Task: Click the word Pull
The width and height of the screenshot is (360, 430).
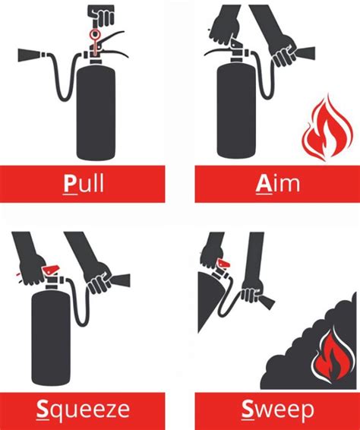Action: [x=84, y=183]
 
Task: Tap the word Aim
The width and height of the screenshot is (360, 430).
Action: [x=278, y=183]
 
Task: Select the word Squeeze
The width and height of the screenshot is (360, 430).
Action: [x=83, y=409]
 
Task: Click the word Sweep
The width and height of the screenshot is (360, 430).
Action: [x=277, y=409]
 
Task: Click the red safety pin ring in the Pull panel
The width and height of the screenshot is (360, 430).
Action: [x=95, y=34]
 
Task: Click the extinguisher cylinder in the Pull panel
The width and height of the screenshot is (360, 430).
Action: [x=96, y=112]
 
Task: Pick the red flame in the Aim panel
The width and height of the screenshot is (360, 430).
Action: [x=327, y=129]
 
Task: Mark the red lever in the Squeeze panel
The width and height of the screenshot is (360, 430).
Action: [x=50, y=269]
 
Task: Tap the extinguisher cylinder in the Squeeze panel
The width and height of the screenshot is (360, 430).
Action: [x=51, y=339]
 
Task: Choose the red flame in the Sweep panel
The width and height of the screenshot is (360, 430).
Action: [x=333, y=356]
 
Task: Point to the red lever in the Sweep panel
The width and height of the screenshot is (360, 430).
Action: [x=223, y=264]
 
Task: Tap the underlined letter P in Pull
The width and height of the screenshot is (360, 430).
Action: [x=69, y=183]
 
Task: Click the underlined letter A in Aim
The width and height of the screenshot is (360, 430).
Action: [x=264, y=183]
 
